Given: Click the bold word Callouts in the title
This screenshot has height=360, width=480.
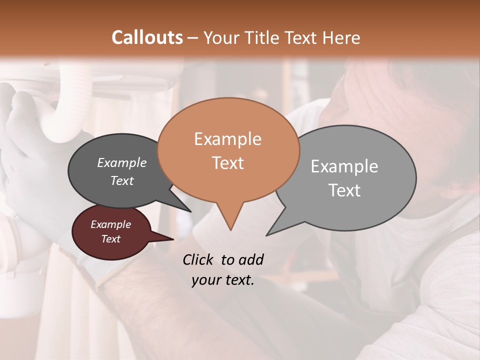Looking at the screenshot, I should pos(147,37).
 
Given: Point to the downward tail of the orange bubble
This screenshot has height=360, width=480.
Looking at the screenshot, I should pos(230,220).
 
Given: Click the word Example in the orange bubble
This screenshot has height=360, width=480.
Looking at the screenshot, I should pos(227,139).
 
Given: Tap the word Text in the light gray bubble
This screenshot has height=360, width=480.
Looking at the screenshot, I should pos(344,190).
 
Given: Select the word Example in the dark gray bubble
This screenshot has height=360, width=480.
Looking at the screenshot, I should pos(122,162).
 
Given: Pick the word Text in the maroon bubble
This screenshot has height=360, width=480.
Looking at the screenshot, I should pos(111,239).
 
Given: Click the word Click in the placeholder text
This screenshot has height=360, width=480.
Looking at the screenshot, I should pos(199,259).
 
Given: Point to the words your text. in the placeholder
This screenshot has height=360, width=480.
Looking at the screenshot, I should pos(223,280).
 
